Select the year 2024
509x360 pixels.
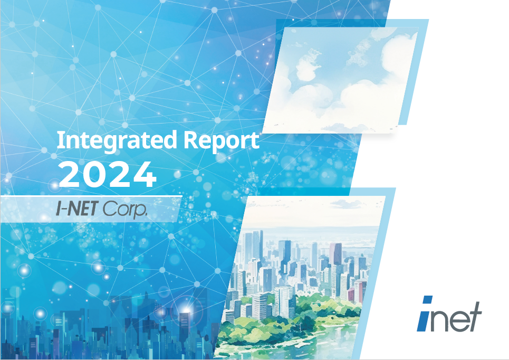pos(108,174)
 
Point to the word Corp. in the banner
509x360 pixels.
pos(125,209)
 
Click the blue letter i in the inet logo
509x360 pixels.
pos(424,314)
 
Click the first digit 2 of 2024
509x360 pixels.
pos(70,175)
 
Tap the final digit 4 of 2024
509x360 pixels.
pos(145,175)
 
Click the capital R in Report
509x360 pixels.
pos(191,140)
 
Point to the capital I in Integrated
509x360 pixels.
pos(59,140)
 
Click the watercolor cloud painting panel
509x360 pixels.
pos(339,80)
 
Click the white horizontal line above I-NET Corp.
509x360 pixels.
pos(91,196)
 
